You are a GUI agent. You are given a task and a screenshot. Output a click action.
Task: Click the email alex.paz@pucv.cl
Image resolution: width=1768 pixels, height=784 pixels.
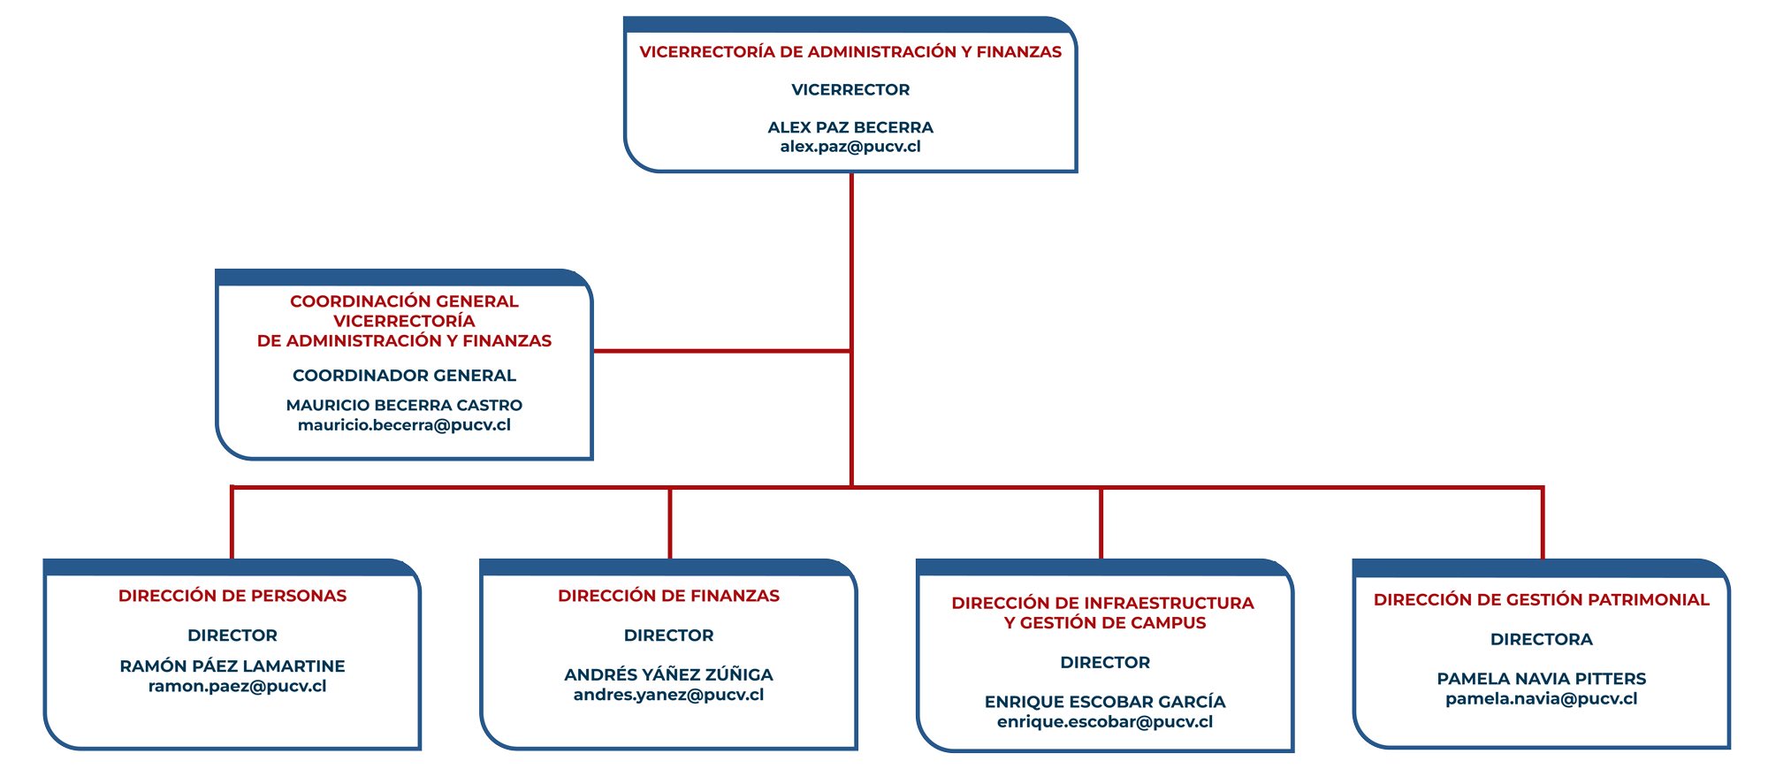pos(850,147)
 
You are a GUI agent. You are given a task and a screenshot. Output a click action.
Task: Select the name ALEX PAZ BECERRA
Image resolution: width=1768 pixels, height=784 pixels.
pos(850,127)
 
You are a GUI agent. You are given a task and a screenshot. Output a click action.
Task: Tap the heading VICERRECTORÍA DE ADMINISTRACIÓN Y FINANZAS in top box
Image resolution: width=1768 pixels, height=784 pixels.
pos(850,52)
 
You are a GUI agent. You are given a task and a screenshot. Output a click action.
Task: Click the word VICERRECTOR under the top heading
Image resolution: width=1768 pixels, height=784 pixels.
pos(850,89)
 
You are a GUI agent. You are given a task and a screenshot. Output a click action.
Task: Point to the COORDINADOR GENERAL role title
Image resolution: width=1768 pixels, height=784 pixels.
pos(404,376)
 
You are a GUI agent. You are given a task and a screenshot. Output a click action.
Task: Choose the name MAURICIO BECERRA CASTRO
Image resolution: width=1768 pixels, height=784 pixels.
pos(404,406)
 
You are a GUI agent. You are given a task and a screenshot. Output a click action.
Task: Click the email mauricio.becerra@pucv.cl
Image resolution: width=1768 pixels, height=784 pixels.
pos(404,425)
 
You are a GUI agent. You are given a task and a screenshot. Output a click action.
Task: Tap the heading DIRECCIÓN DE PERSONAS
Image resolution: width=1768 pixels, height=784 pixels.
pos(232,596)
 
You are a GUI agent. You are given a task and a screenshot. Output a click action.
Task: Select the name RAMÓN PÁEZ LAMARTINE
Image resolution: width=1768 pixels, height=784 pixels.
pos(232,666)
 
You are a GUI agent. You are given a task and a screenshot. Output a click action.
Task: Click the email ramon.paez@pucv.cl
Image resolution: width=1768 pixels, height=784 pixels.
pos(237,687)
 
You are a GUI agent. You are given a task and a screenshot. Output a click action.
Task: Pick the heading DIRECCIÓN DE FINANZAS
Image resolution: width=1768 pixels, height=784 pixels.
pos(668,596)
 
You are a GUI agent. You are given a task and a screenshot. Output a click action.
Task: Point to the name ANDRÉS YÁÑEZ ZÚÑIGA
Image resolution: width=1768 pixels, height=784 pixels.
pos(668,675)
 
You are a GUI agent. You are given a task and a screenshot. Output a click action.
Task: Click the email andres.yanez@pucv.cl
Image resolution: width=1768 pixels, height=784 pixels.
pos(668,695)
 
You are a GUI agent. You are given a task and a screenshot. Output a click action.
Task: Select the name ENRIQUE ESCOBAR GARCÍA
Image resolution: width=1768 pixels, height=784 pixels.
pos(1105,702)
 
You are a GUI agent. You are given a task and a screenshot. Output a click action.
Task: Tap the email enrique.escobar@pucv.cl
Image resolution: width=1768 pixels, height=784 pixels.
pos(1105,722)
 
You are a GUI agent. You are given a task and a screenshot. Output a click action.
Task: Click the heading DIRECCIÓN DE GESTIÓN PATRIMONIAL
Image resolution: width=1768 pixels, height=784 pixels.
pos(1541,600)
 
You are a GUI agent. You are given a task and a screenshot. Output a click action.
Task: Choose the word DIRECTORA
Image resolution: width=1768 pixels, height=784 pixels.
pos(1541,639)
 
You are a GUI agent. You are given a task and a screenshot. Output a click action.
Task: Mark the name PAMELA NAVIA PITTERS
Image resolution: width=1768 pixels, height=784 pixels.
pos(1541,679)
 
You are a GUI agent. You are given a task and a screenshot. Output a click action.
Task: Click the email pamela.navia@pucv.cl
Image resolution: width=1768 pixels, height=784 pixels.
pos(1541,699)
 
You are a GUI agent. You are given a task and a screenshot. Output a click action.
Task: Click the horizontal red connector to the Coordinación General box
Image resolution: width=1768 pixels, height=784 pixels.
pos(722,351)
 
